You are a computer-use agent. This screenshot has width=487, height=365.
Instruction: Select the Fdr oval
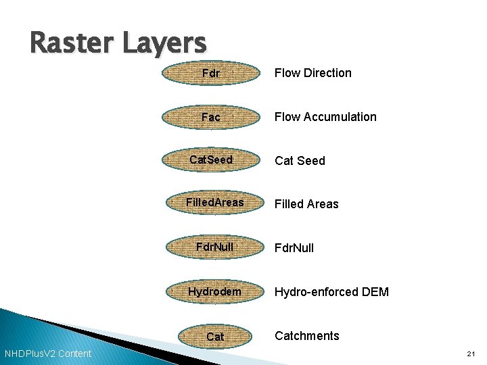pyautogui.click(x=211, y=73)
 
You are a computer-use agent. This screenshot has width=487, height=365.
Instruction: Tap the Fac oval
pyautogui.click(x=211, y=117)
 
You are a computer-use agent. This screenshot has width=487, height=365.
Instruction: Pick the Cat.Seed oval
pyautogui.click(x=211, y=160)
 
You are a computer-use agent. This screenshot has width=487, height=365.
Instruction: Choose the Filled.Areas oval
pyautogui.click(x=215, y=203)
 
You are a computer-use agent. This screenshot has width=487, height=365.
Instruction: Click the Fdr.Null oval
pyautogui.click(x=214, y=247)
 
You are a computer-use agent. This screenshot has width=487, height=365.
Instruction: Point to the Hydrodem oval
pyautogui.click(x=214, y=291)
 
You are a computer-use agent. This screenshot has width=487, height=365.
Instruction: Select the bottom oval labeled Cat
pyautogui.click(x=215, y=336)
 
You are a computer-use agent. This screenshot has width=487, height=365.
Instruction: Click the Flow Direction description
pyautogui.click(x=312, y=73)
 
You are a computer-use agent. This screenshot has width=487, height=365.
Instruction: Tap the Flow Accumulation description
pyautogui.click(x=325, y=117)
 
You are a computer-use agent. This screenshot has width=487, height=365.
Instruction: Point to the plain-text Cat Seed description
pyautogui.click(x=299, y=161)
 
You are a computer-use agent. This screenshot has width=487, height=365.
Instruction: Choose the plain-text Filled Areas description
pyautogui.click(x=306, y=204)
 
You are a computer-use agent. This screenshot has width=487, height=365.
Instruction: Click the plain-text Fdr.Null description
pyautogui.click(x=294, y=248)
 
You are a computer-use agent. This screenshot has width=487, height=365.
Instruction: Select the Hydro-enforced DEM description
pyautogui.click(x=331, y=292)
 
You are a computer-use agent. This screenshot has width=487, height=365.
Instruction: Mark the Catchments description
pyautogui.click(x=306, y=336)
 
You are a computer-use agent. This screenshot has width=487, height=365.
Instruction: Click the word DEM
pyautogui.click(x=375, y=292)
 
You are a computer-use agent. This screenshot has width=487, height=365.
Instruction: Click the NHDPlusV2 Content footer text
pyautogui.click(x=48, y=354)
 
